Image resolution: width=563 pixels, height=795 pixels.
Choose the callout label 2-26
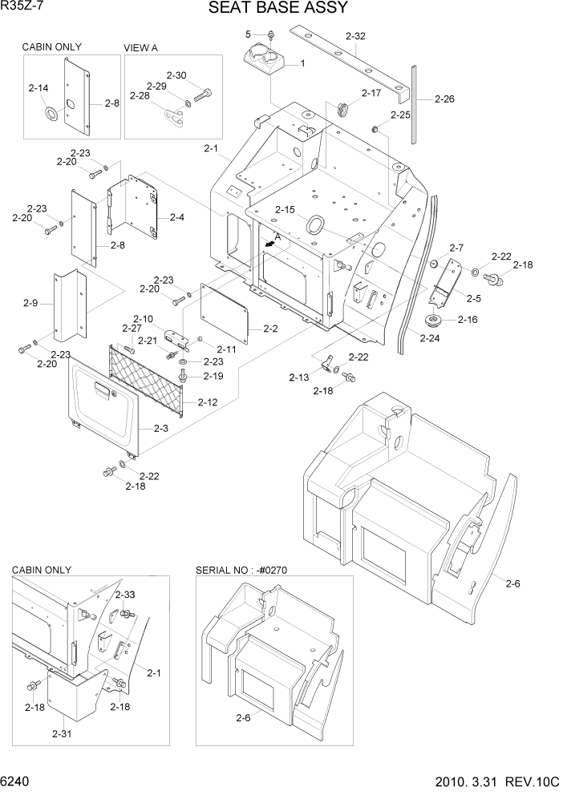click(x=444, y=99)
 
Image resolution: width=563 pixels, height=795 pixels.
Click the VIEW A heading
click(x=140, y=48)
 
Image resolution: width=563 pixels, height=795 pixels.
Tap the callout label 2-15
click(x=285, y=210)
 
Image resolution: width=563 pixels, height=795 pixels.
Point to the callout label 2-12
click(x=207, y=402)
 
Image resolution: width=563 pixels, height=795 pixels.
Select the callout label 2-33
click(x=124, y=595)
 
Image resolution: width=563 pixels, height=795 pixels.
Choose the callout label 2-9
click(x=30, y=304)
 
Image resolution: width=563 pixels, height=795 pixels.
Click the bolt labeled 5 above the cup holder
click(x=271, y=34)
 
